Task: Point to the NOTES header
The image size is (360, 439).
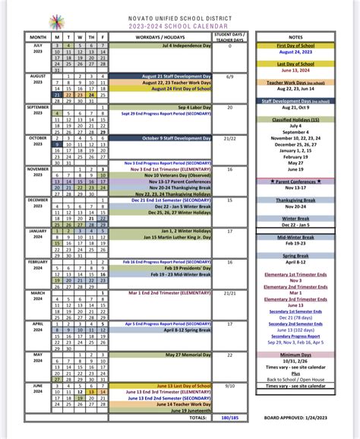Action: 296,36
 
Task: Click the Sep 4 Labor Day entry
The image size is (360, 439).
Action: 194,107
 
